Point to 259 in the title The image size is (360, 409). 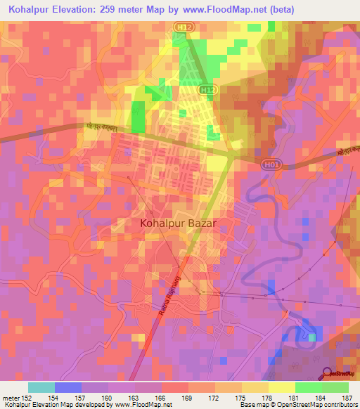click(x=118, y=9)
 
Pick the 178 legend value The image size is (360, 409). click(x=256, y=397)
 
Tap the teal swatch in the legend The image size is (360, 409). click(x=41, y=387)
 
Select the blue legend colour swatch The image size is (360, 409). click(x=68, y=387)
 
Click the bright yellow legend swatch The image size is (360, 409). click(x=282, y=387)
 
